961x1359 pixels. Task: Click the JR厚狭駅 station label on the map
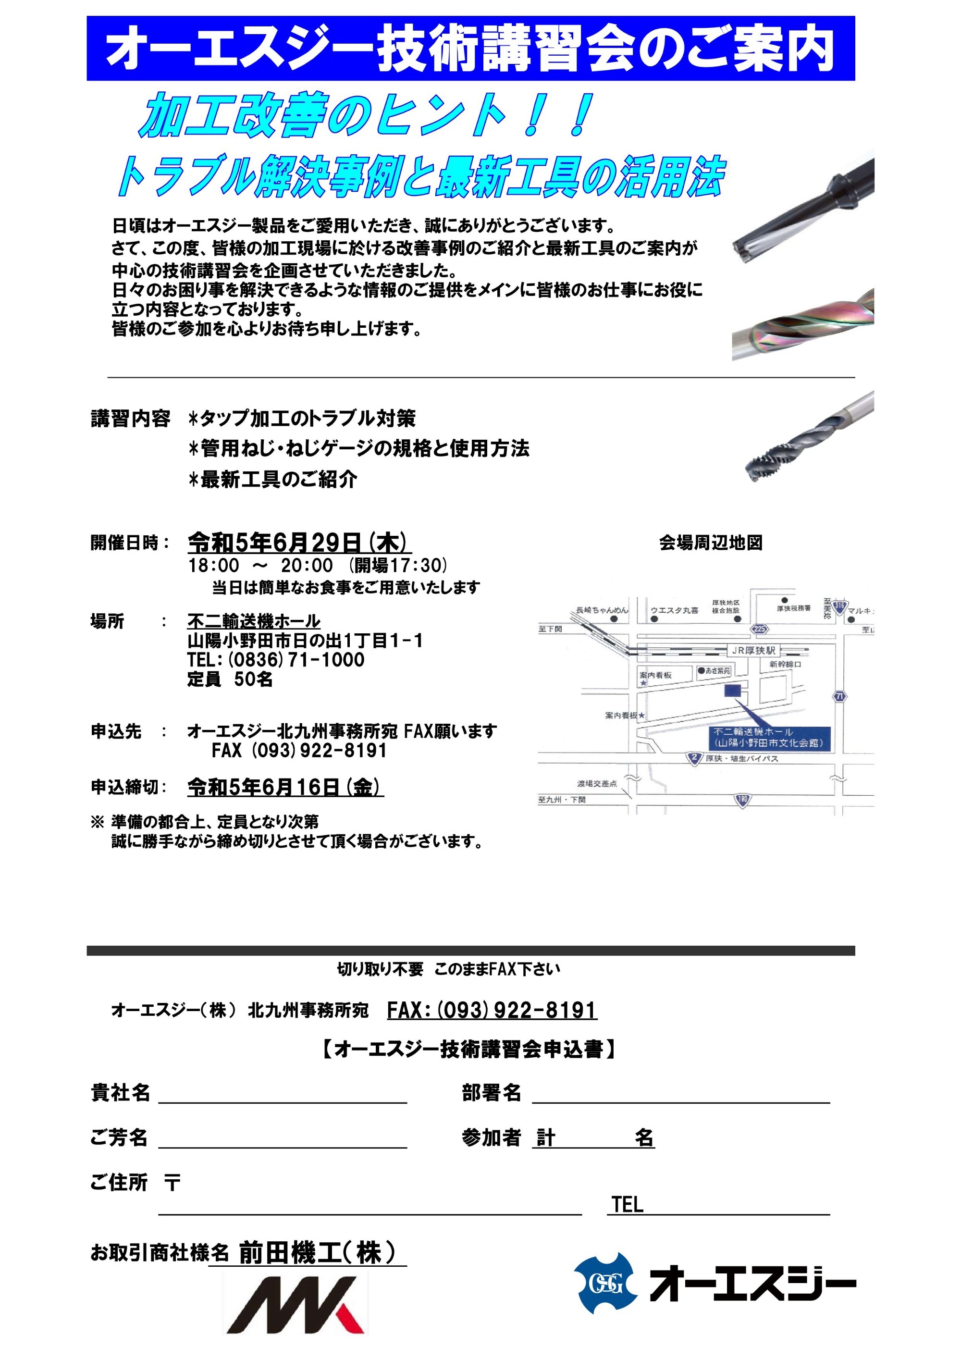pos(753,651)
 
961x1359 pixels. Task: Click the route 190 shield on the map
pos(742,800)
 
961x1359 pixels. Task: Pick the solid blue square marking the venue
pos(733,691)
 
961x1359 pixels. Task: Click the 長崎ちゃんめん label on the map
pos(602,610)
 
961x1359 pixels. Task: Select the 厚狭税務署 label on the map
pos(793,608)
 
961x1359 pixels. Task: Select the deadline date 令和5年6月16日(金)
pos(285,787)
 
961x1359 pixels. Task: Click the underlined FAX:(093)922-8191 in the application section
pos(492,1011)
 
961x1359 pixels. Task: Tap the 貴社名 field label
pos(120,1093)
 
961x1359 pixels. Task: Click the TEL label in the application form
pos(627,1205)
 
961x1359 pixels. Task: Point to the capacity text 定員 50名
pos(230,679)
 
